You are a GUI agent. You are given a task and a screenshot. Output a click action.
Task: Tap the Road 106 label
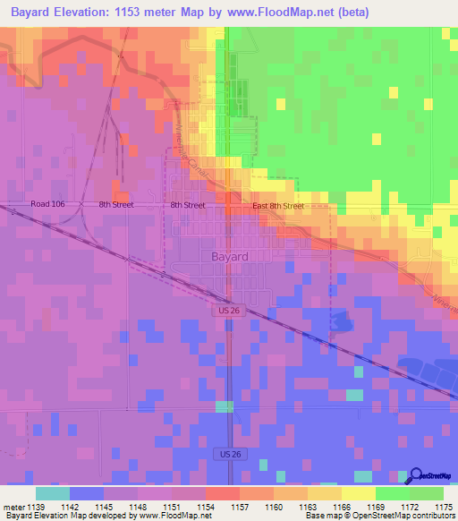click(48, 205)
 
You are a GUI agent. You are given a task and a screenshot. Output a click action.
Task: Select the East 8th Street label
click(278, 206)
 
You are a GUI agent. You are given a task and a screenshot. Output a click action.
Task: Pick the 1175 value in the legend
click(444, 507)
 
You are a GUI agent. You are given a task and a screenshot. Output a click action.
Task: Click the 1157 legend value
click(239, 507)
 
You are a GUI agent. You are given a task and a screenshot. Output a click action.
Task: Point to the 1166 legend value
click(342, 507)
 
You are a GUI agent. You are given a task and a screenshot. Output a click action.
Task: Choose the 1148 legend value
click(137, 507)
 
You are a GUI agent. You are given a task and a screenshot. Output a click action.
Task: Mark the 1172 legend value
click(410, 507)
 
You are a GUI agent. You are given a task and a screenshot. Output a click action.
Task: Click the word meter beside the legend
click(13, 507)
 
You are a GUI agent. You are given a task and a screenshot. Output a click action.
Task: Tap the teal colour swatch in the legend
click(53, 493)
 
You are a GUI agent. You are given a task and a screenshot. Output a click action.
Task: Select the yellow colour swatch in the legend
click(359, 493)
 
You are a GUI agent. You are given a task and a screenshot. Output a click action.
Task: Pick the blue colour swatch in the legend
click(87, 493)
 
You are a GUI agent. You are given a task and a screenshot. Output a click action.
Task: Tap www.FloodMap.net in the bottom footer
click(173, 517)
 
